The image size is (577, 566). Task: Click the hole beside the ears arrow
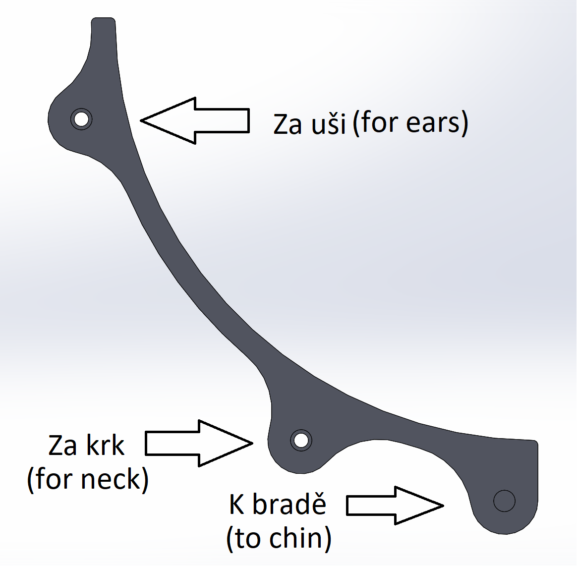(x=81, y=119)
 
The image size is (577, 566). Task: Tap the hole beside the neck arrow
(x=301, y=440)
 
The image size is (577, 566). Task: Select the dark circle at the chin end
(x=504, y=501)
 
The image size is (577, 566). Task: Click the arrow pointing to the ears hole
(x=195, y=120)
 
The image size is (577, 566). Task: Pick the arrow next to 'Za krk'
(x=199, y=443)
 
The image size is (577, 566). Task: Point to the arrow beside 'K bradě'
(x=395, y=505)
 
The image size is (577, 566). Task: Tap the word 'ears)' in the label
(x=437, y=123)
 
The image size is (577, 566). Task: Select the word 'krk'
(x=105, y=445)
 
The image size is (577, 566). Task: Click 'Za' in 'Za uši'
(x=288, y=124)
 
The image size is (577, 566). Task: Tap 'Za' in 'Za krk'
(x=62, y=446)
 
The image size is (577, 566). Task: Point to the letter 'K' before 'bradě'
(x=237, y=504)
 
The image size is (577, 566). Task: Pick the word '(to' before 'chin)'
(x=245, y=538)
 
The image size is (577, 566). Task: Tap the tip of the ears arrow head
(x=141, y=120)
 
